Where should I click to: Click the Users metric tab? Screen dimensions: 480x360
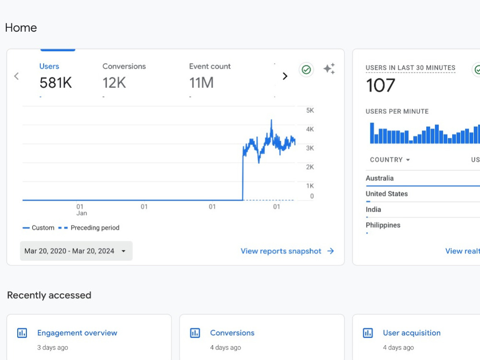pyautogui.click(x=55, y=76)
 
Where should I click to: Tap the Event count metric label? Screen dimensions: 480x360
pyautogui.click(x=210, y=66)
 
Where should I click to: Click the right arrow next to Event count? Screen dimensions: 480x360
pyautogui.click(x=285, y=76)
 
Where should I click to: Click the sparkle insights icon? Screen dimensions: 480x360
pyautogui.click(x=329, y=69)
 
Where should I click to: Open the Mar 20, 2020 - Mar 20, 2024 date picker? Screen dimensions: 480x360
pyautogui.click(x=76, y=251)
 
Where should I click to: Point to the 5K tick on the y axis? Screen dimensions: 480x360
pyautogui.click(x=310, y=110)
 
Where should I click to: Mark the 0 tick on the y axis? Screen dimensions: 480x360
pyautogui.click(x=312, y=196)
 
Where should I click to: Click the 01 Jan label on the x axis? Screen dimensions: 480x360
pyautogui.click(x=82, y=210)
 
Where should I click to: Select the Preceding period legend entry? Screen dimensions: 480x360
pyautogui.click(x=89, y=228)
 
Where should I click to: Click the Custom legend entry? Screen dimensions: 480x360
pyautogui.click(x=38, y=228)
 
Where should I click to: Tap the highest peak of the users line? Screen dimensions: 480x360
pyautogui.click(x=271, y=120)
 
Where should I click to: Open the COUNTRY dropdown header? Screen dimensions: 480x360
pyautogui.click(x=390, y=160)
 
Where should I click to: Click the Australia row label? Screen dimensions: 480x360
pyautogui.click(x=380, y=178)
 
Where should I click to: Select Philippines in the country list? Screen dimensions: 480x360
pyautogui.click(x=383, y=225)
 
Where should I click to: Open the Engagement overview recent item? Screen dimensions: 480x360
pyautogui.click(x=77, y=333)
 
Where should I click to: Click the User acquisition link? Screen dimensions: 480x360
pyautogui.click(x=412, y=333)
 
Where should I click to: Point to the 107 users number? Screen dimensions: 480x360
pyautogui.click(x=381, y=85)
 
